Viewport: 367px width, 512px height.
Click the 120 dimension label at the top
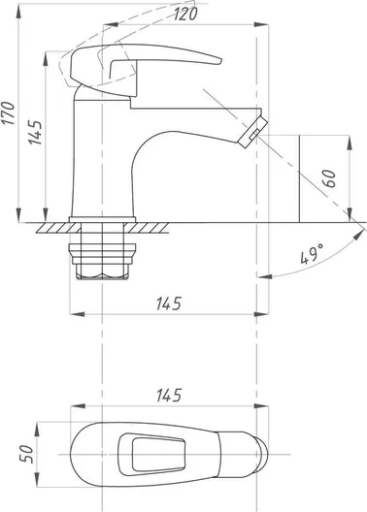click(185, 14)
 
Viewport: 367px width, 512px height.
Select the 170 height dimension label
click(9, 113)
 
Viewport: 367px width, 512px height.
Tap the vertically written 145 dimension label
click(35, 133)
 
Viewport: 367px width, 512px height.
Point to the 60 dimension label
click(331, 178)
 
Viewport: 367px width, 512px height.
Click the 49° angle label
click(312, 253)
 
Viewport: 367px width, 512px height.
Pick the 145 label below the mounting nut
click(169, 304)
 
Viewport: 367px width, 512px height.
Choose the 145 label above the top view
click(169, 395)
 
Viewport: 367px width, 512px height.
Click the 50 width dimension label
click(27, 454)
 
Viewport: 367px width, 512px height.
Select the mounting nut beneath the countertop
click(102, 261)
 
